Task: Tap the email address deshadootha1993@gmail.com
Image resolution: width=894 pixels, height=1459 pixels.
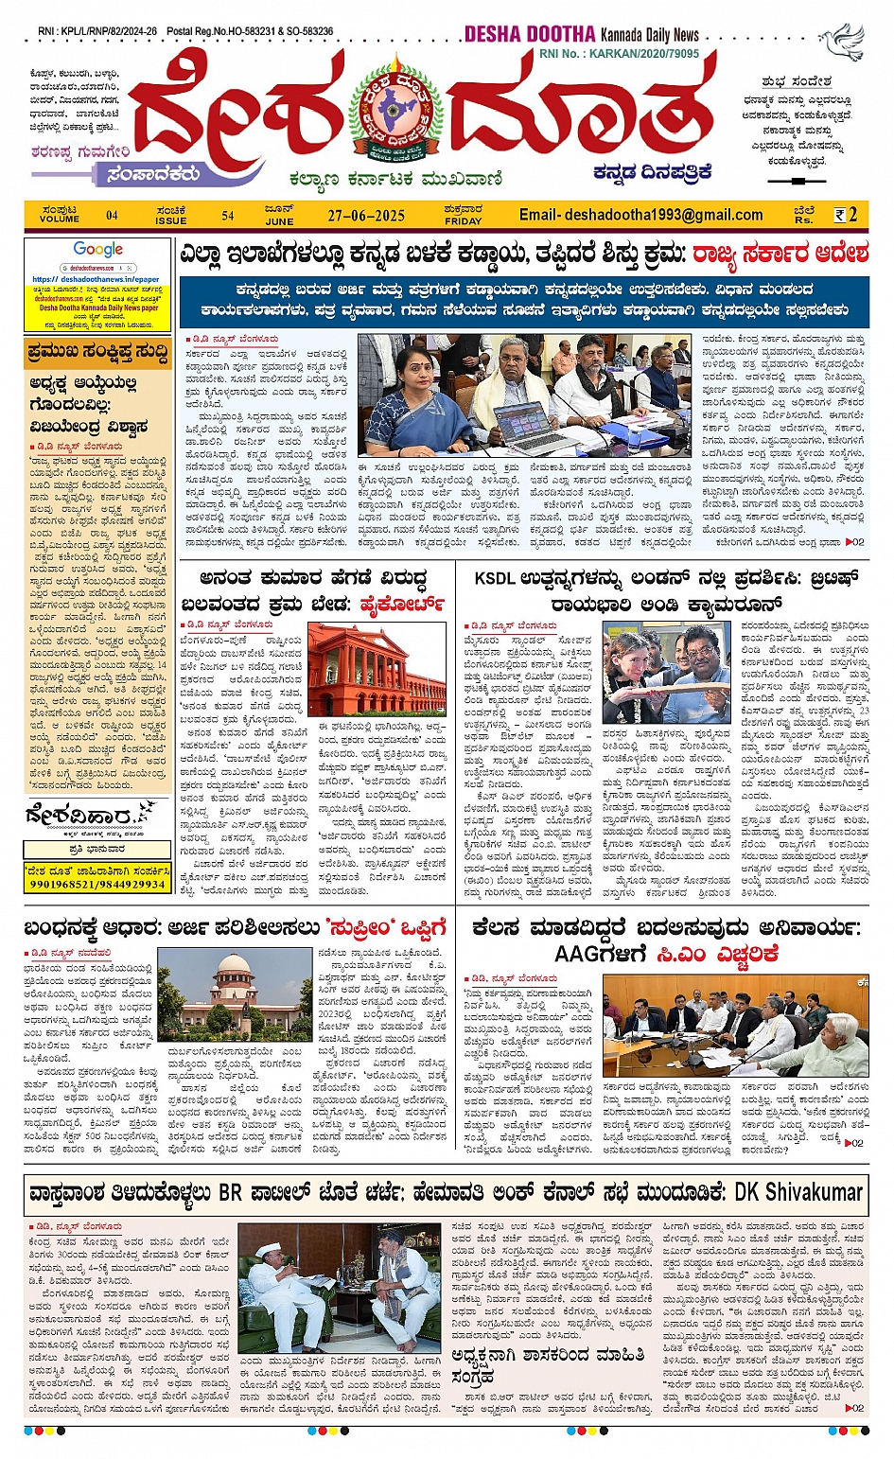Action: click(640, 215)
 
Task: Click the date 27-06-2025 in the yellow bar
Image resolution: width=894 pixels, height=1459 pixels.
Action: click(366, 216)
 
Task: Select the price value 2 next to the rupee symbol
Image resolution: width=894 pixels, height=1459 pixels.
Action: click(853, 215)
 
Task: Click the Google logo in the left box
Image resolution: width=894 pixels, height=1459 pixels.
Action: click(98, 250)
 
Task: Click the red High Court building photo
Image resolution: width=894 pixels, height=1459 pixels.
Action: click(377, 670)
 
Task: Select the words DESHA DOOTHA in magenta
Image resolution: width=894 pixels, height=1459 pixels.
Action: click(530, 34)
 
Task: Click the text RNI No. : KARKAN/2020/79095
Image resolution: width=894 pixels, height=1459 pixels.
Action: click(620, 54)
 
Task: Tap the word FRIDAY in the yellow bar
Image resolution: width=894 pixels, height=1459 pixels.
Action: click(463, 221)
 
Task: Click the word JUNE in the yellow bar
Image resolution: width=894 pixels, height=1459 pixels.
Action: click(279, 221)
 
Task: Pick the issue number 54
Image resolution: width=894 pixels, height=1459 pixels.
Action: click(228, 216)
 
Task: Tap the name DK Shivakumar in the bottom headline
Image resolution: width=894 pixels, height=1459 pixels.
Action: click(798, 1191)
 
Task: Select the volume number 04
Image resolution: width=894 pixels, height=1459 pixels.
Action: click(112, 216)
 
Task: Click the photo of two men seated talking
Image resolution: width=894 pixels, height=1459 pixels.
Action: click(338, 1288)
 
